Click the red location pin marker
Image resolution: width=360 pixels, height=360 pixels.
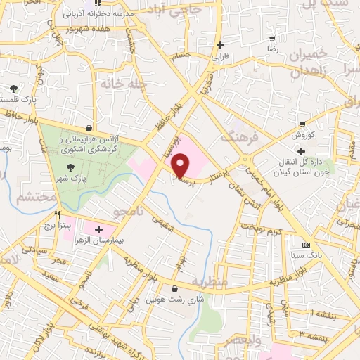click(x=181, y=165)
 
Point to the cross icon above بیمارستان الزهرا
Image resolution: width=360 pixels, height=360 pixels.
click(x=98, y=229)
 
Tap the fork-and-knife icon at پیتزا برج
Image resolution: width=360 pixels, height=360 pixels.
click(x=58, y=214)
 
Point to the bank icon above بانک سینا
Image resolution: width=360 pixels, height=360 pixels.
click(x=304, y=245)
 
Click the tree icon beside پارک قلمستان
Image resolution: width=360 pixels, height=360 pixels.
click(x=13, y=89)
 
